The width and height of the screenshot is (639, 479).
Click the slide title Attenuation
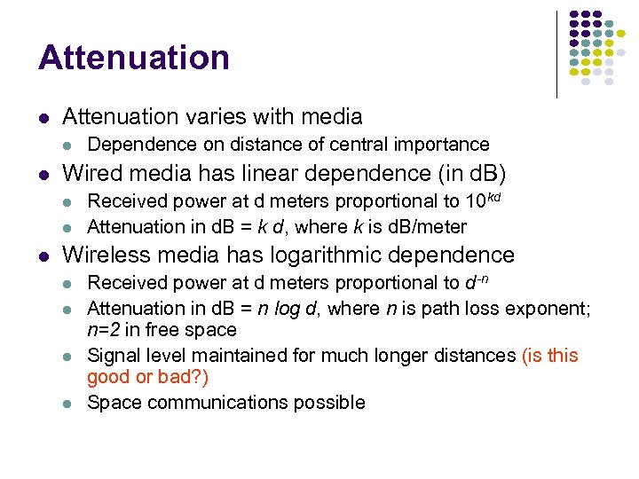[x=134, y=58]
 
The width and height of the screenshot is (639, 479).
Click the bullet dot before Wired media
[x=44, y=171]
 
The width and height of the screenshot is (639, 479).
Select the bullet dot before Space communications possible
[x=69, y=403]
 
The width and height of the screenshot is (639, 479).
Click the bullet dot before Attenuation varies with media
[x=44, y=117]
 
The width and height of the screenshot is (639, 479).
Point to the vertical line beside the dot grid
[x=556, y=53]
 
